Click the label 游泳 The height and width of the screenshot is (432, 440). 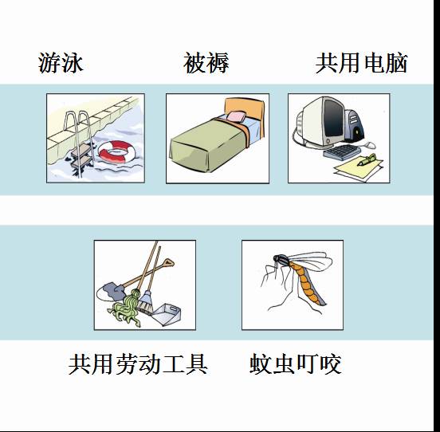[x=61, y=64]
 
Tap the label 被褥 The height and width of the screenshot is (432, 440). [x=206, y=64]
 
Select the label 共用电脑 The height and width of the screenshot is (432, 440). [x=361, y=64]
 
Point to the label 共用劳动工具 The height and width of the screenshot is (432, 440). [x=138, y=364]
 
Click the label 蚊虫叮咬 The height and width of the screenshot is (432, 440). [x=295, y=364]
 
